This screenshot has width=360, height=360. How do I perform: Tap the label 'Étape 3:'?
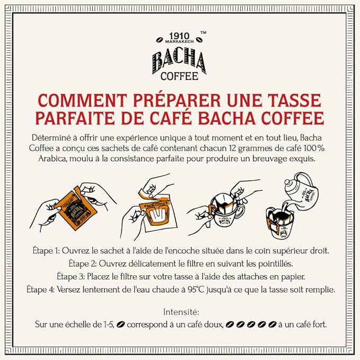coord(73,276)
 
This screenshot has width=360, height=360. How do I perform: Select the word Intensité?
coord(180,313)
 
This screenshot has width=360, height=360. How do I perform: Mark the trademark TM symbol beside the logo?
coord(203,32)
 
